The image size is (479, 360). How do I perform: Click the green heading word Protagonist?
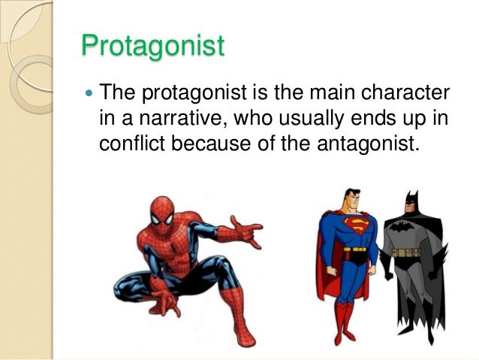point(152,46)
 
